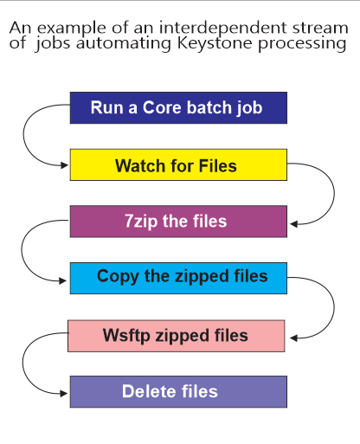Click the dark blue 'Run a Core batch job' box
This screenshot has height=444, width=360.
tap(178, 108)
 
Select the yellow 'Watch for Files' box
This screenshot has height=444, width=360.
tap(178, 164)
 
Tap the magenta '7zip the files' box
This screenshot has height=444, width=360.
tap(178, 222)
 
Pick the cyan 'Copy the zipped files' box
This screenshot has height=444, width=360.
tap(178, 278)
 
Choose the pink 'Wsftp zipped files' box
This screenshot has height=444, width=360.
tap(177, 336)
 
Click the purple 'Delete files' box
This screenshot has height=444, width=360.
tap(178, 392)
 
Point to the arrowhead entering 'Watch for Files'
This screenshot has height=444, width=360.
tap(64, 165)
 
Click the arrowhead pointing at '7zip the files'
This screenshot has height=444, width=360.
tap(294, 224)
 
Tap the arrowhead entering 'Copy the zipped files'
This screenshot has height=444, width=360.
tap(62, 280)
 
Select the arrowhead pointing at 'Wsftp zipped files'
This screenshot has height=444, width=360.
tap(293, 338)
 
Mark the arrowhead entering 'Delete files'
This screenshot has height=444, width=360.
tap(63, 393)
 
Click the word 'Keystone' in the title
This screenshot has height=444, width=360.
tap(215, 43)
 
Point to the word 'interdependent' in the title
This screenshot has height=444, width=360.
tap(223, 28)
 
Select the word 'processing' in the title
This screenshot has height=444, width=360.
tap(302, 44)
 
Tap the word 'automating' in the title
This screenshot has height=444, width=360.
tap(124, 43)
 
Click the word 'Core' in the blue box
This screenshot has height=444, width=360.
tap(163, 107)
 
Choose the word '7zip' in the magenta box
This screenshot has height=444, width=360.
tap(141, 222)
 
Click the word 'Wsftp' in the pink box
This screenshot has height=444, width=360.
tap(126, 336)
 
